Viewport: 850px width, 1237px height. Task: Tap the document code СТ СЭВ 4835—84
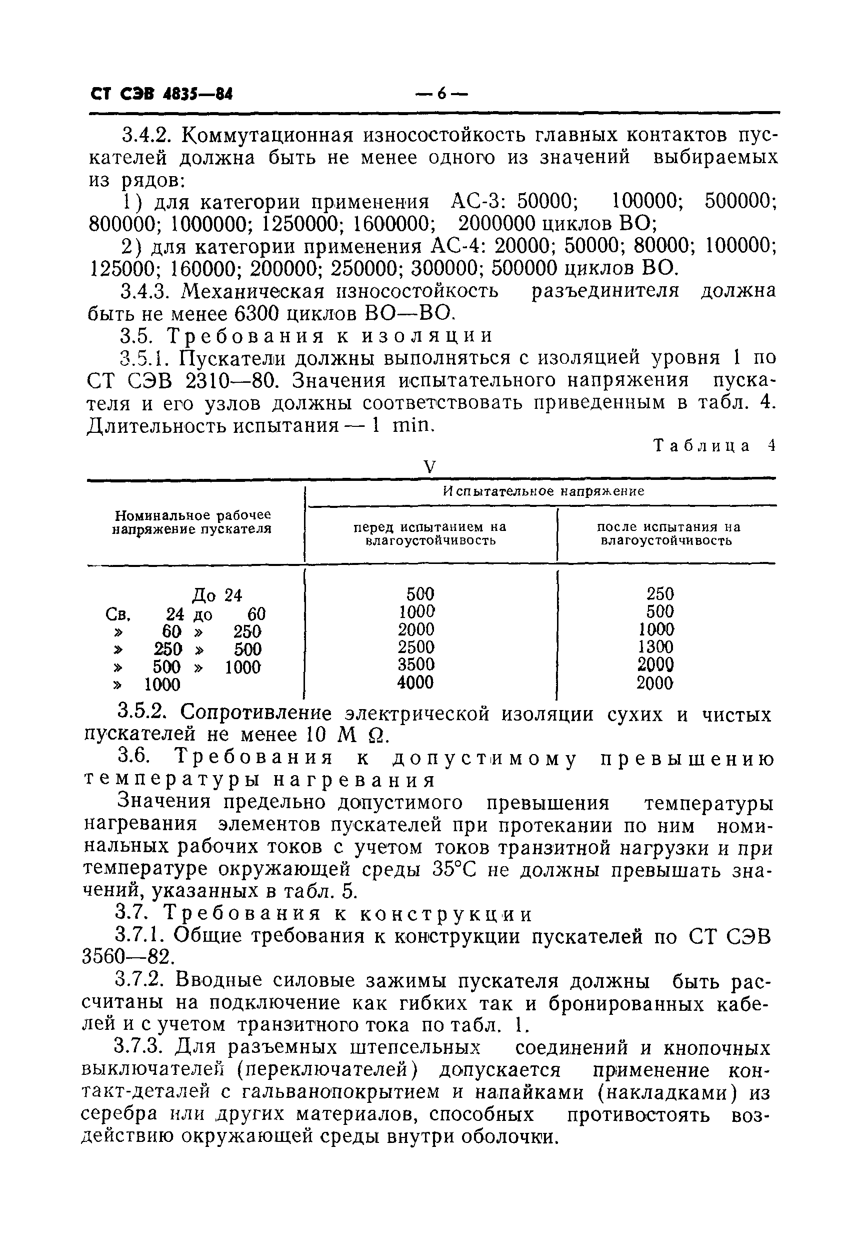click(x=162, y=95)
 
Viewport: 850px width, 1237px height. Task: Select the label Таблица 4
click(x=714, y=445)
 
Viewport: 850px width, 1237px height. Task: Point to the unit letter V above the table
click(x=429, y=467)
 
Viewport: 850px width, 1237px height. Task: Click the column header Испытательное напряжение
click(x=543, y=491)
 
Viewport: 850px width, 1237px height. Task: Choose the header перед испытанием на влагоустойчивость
click(x=430, y=533)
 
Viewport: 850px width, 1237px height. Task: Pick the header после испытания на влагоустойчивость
click(x=668, y=533)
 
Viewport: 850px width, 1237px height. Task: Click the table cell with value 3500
click(x=416, y=665)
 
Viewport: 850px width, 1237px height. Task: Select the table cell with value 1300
click(x=655, y=647)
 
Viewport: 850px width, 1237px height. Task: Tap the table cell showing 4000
click(x=415, y=682)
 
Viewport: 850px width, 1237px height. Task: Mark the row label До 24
click(x=217, y=595)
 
